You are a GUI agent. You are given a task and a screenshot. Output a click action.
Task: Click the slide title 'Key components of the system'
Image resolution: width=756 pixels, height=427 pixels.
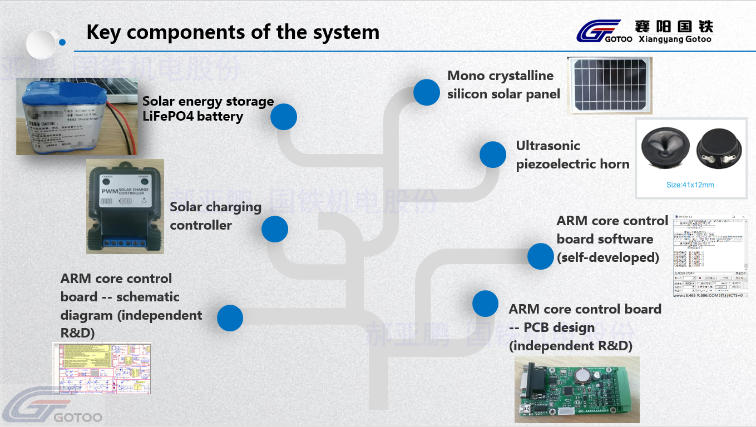[x=233, y=32]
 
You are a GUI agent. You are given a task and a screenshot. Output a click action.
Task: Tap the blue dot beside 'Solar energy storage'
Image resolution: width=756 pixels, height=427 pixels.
[x=284, y=117]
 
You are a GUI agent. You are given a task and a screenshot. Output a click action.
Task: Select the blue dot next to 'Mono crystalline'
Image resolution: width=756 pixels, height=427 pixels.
[x=427, y=92]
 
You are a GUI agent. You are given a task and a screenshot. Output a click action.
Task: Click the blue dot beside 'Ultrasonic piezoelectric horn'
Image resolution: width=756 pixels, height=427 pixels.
[x=493, y=155]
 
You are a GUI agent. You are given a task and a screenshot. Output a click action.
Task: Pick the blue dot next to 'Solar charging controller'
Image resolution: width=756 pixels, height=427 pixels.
[x=275, y=229]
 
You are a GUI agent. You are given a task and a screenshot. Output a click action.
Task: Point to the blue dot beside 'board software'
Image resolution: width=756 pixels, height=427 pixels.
[x=540, y=256]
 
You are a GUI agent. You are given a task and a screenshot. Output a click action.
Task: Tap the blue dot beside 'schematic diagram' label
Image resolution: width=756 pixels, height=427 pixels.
[x=230, y=318]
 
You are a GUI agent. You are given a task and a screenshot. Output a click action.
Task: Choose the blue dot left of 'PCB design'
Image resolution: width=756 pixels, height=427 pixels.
[x=485, y=304]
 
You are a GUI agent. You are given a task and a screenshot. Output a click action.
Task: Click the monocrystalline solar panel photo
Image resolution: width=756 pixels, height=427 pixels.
[x=609, y=85]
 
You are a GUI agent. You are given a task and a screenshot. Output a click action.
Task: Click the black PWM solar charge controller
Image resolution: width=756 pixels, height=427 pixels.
[x=125, y=206]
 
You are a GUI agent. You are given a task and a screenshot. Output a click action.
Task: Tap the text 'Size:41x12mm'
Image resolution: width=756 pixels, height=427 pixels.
[x=690, y=185]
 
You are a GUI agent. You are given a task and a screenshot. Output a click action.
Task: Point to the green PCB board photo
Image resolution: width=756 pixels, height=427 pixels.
[x=577, y=389]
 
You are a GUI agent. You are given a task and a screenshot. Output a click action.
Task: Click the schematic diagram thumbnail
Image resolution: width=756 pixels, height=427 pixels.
[x=102, y=368]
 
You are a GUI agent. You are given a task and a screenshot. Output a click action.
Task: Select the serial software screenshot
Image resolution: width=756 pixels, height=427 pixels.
[x=710, y=256]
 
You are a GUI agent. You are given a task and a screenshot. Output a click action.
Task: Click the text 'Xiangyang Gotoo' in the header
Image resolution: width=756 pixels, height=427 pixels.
[x=675, y=39]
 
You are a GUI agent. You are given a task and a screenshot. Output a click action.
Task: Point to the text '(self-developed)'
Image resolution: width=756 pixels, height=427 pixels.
[x=608, y=257]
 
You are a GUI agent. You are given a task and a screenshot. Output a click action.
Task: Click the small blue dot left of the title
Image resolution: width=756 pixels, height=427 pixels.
[x=62, y=42]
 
